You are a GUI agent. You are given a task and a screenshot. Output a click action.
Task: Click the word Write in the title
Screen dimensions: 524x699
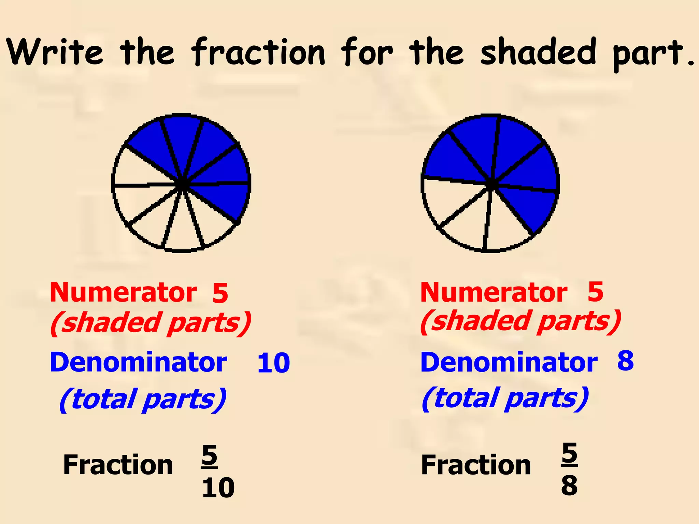click(x=55, y=52)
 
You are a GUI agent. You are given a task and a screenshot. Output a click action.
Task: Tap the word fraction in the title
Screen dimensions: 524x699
click(x=258, y=52)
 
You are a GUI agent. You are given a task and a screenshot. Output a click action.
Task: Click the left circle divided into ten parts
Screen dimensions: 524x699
click(x=182, y=183)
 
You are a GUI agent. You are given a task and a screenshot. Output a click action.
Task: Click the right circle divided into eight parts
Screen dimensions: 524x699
click(x=490, y=183)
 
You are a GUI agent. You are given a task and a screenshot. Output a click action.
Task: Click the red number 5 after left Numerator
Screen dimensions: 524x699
click(x=220, y=293)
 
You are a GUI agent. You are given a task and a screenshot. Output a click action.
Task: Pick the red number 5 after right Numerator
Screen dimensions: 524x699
click(x=596, y=292)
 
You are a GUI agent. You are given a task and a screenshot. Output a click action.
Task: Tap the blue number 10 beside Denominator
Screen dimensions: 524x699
click(x=273, y=363)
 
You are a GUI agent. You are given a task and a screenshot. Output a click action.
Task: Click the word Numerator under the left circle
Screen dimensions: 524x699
click(x=123, y=292)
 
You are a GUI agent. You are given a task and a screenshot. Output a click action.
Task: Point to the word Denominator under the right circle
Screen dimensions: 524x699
click(x=509, y=362)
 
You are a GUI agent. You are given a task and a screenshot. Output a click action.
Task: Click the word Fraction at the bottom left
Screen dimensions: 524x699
click(x=118, y=465)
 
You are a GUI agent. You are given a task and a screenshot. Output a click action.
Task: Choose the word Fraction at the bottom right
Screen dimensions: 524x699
click(x=476, y=465)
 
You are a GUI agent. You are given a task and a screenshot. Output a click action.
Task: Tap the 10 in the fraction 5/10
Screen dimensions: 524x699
click(x=218, y=488)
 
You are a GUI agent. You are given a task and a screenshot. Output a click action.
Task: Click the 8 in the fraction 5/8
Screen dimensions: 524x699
click(x=569, y=485)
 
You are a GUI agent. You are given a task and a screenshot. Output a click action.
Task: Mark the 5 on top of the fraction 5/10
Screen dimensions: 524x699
click(x=209, y=455)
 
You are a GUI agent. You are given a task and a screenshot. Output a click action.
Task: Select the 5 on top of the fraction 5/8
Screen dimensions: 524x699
click(x=569, y=453)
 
